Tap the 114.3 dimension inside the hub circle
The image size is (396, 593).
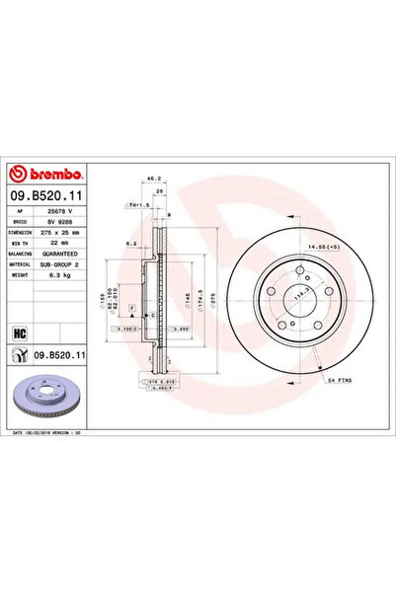[x=297, y=292]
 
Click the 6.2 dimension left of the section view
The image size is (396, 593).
[x=129, y=242]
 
